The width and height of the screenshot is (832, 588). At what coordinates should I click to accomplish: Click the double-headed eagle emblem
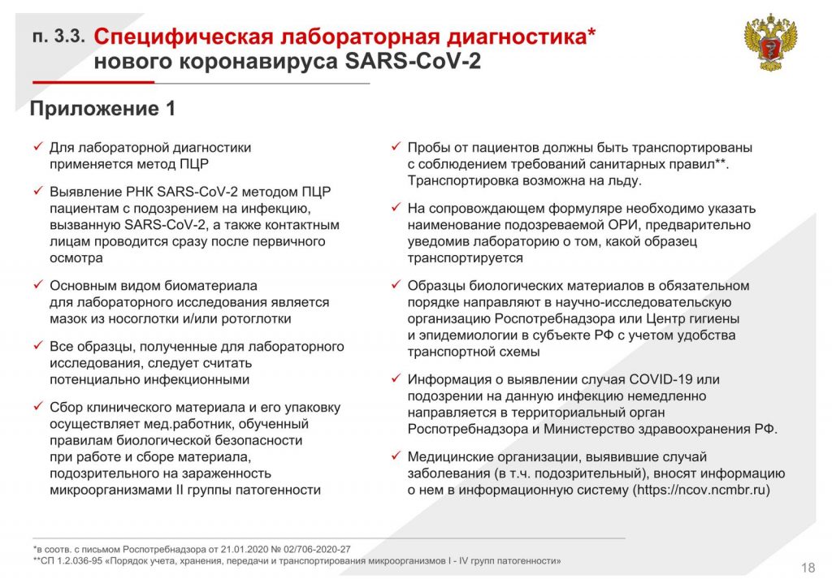point(770,42)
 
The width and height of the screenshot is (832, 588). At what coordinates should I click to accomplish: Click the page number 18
point(808,568)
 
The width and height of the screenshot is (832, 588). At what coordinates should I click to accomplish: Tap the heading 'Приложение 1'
point(102,109)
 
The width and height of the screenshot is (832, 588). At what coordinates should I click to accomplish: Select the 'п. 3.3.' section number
point(58,36)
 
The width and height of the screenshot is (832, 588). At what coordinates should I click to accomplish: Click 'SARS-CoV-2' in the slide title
point(413,61)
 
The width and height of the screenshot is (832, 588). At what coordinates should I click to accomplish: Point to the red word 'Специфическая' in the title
point(183,37)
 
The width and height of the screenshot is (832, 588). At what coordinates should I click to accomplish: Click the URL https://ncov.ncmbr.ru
point(700,490)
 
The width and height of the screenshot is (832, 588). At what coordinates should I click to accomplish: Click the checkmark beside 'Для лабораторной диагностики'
point(38,146)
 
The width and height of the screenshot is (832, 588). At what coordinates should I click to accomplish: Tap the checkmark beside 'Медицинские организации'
point(396,455)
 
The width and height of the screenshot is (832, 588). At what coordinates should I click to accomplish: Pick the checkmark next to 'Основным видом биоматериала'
point(38,284)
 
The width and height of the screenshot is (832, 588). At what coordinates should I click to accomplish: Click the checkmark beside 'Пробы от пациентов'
point(396,146)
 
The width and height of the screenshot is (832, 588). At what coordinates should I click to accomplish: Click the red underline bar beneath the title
point(93,82)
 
